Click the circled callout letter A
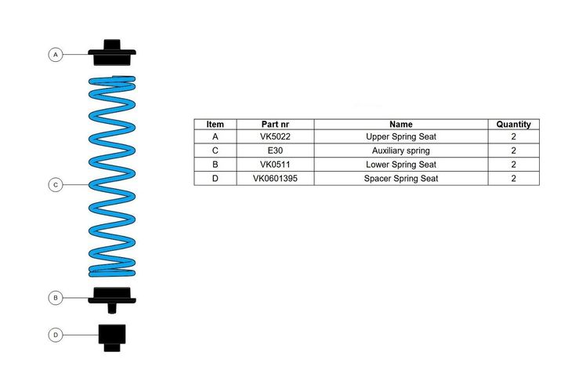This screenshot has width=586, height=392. coord(56,55)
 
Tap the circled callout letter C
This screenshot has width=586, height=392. coord(56,185)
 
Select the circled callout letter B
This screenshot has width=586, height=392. coord(56,298)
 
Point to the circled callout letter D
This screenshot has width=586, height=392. coord(56,335)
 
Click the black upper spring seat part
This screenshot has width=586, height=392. coord(112,53)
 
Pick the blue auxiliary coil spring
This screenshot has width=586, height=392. coord(112,176)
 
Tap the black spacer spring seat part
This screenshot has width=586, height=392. coord(112,337)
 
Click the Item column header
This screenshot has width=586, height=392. coord(215,124)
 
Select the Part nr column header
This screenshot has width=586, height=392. coord(275,124)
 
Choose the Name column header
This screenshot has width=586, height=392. coord(401,124)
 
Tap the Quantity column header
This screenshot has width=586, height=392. coord(513,124)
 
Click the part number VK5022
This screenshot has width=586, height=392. coord(275,136)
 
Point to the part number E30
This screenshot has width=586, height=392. coord(275,151)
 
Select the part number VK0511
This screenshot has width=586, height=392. coord(275,165)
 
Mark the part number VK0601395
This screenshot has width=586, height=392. coord(275,179)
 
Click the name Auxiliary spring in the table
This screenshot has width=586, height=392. coord(401,151)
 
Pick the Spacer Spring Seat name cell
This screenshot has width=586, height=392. coord(401,179)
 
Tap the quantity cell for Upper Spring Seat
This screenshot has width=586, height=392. coord(513,136)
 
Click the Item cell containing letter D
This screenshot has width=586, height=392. coord(215,179)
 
